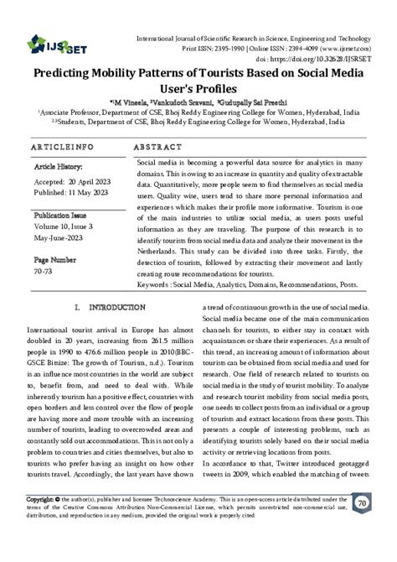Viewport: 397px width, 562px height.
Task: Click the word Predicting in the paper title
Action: tap(65, 75)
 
